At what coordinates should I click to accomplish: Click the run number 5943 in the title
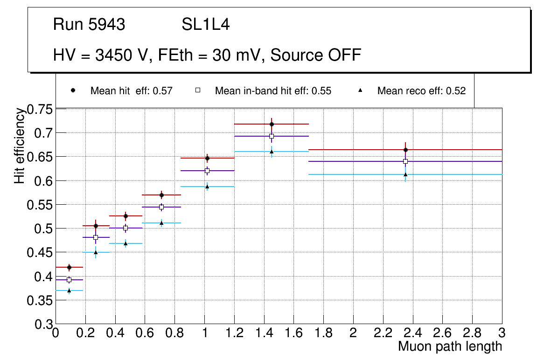[x=107, y=25]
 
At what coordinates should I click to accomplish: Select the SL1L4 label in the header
[x=205, y=25]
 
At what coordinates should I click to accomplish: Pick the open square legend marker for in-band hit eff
[x=197, y=91]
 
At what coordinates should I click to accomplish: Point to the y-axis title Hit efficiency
[x=20, y=145]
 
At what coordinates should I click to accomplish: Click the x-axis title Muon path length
[x=450, y=346]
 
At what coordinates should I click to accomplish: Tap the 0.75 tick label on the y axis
[x=41, y=110]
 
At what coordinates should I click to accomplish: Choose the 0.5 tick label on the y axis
[x=44, y=229]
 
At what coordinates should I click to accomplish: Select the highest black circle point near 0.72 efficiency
[x=272, y=124]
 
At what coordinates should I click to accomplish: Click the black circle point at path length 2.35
[x=405, y=150]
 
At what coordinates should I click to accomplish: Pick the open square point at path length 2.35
[x=405, y=161]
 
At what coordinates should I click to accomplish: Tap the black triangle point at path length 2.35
[x=405, y=174]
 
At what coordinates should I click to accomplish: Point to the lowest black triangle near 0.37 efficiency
[x=69, y=291]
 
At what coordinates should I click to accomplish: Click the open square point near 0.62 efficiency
[x=207, y=171]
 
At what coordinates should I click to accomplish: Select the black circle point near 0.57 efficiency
[x=161, y=195]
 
